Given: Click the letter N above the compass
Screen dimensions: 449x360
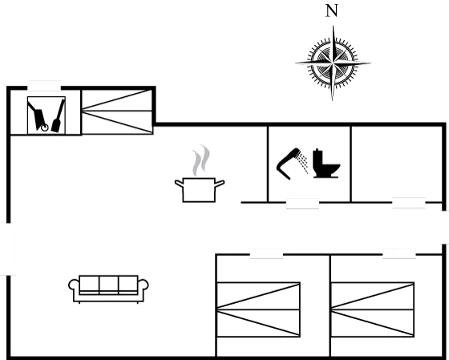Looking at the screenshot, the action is (332, 11).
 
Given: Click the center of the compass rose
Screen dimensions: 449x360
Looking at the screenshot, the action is (333, 63).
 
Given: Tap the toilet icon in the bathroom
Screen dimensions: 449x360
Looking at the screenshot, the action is (326, 164).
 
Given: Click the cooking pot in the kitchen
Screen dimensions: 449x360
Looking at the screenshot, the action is (200, 190).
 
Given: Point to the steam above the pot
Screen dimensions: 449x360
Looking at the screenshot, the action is (201, 160).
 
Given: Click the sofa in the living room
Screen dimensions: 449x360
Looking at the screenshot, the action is (108, 289).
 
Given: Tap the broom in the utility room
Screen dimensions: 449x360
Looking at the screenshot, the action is (58, 116).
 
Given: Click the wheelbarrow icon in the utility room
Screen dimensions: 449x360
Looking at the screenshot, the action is (38, 116).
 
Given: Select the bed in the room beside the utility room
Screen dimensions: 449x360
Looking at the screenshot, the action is (117, 111).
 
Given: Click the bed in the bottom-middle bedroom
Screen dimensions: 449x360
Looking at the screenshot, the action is (258, 309).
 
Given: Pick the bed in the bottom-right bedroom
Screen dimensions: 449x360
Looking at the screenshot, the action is (373, 309).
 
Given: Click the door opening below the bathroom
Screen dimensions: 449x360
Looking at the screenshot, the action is (303, 204).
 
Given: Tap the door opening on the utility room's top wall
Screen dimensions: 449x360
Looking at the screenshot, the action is (44, 86).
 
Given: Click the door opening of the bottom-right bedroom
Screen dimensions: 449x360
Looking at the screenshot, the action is (399, 253).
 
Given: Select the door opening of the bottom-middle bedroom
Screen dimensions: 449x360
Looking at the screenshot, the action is (266, 253).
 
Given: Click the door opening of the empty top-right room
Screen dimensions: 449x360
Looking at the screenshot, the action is (409, 203).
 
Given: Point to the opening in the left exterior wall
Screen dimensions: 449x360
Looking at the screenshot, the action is (8, 249).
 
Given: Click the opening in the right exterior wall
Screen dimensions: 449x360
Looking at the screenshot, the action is (444, 228).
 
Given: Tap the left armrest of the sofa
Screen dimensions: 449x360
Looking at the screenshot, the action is (73, 285).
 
